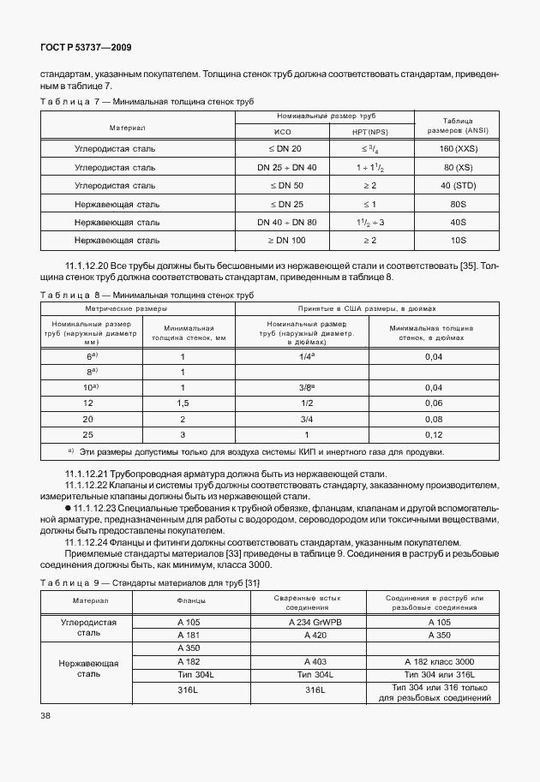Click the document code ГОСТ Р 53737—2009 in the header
(86, 47)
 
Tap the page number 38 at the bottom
(45, 715)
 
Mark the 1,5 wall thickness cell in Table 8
(183, 403)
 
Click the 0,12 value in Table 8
(434, 435)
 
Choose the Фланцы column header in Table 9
(189, 600)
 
